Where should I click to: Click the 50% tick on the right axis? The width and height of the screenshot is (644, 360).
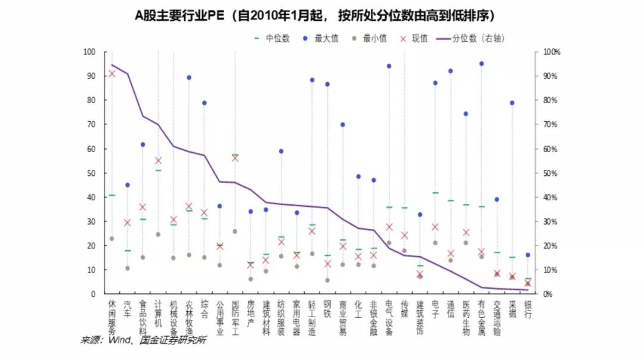548,173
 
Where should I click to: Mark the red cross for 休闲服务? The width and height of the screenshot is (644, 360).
112,73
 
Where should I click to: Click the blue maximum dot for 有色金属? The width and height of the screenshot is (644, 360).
481,63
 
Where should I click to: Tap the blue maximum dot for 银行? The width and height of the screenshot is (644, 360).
528,255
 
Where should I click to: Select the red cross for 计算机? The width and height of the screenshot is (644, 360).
158,160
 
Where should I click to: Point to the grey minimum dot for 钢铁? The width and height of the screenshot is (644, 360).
327,280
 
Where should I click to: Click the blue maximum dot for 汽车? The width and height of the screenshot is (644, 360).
127,185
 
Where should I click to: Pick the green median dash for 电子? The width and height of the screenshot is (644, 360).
435,193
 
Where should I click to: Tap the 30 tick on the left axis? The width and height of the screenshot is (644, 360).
91,221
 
